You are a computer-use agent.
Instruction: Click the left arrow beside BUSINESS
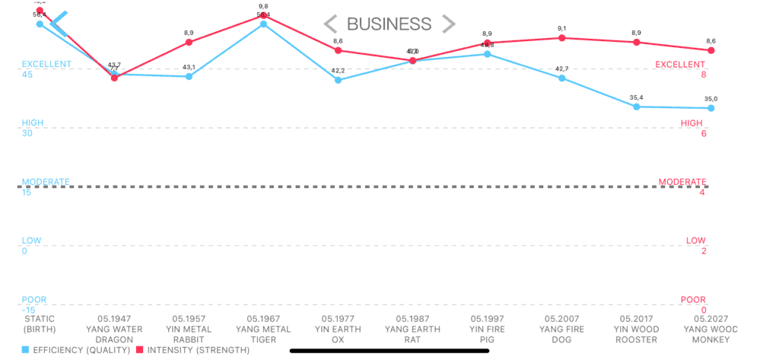pos(331,24)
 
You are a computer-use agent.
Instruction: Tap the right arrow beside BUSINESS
pos(449,24)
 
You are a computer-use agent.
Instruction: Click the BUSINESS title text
pos(389,24)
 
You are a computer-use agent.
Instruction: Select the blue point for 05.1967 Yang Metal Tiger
pos(263,24)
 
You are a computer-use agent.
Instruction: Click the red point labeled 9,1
pos(561,38)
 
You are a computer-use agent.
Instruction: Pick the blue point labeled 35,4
pos(636,107)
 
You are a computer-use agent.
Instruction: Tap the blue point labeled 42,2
pos(338,80)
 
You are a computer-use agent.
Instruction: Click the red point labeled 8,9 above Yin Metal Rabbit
pos(189,42)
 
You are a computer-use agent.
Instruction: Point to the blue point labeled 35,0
pos(711,108)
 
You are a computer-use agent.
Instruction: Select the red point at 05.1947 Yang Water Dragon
pos(114,78)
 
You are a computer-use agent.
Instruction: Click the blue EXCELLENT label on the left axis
pos(46,64)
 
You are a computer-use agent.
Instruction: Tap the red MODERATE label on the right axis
pos(682,182)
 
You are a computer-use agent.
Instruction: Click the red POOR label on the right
pos(692,300)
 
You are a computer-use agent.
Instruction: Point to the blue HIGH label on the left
pos(33,123)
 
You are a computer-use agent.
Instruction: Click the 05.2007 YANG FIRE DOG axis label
pos(561,329)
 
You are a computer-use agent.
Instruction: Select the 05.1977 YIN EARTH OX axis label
pos(338,329)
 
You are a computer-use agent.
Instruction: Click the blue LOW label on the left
pos(32,241)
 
